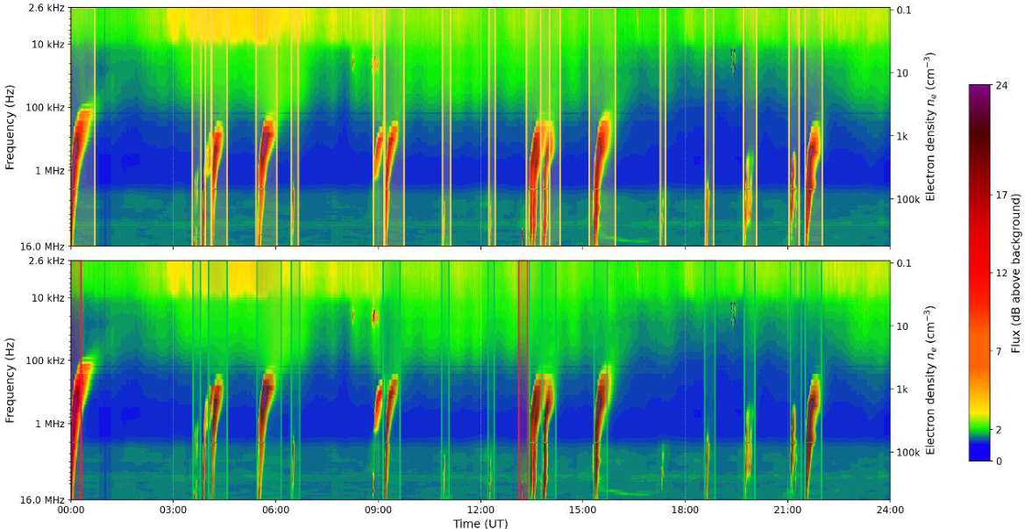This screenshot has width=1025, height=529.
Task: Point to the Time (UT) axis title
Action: pos(480,523)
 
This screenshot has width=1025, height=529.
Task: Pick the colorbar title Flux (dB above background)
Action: pos(1017,274)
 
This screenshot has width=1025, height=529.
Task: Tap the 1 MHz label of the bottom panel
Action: pos(53,424)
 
